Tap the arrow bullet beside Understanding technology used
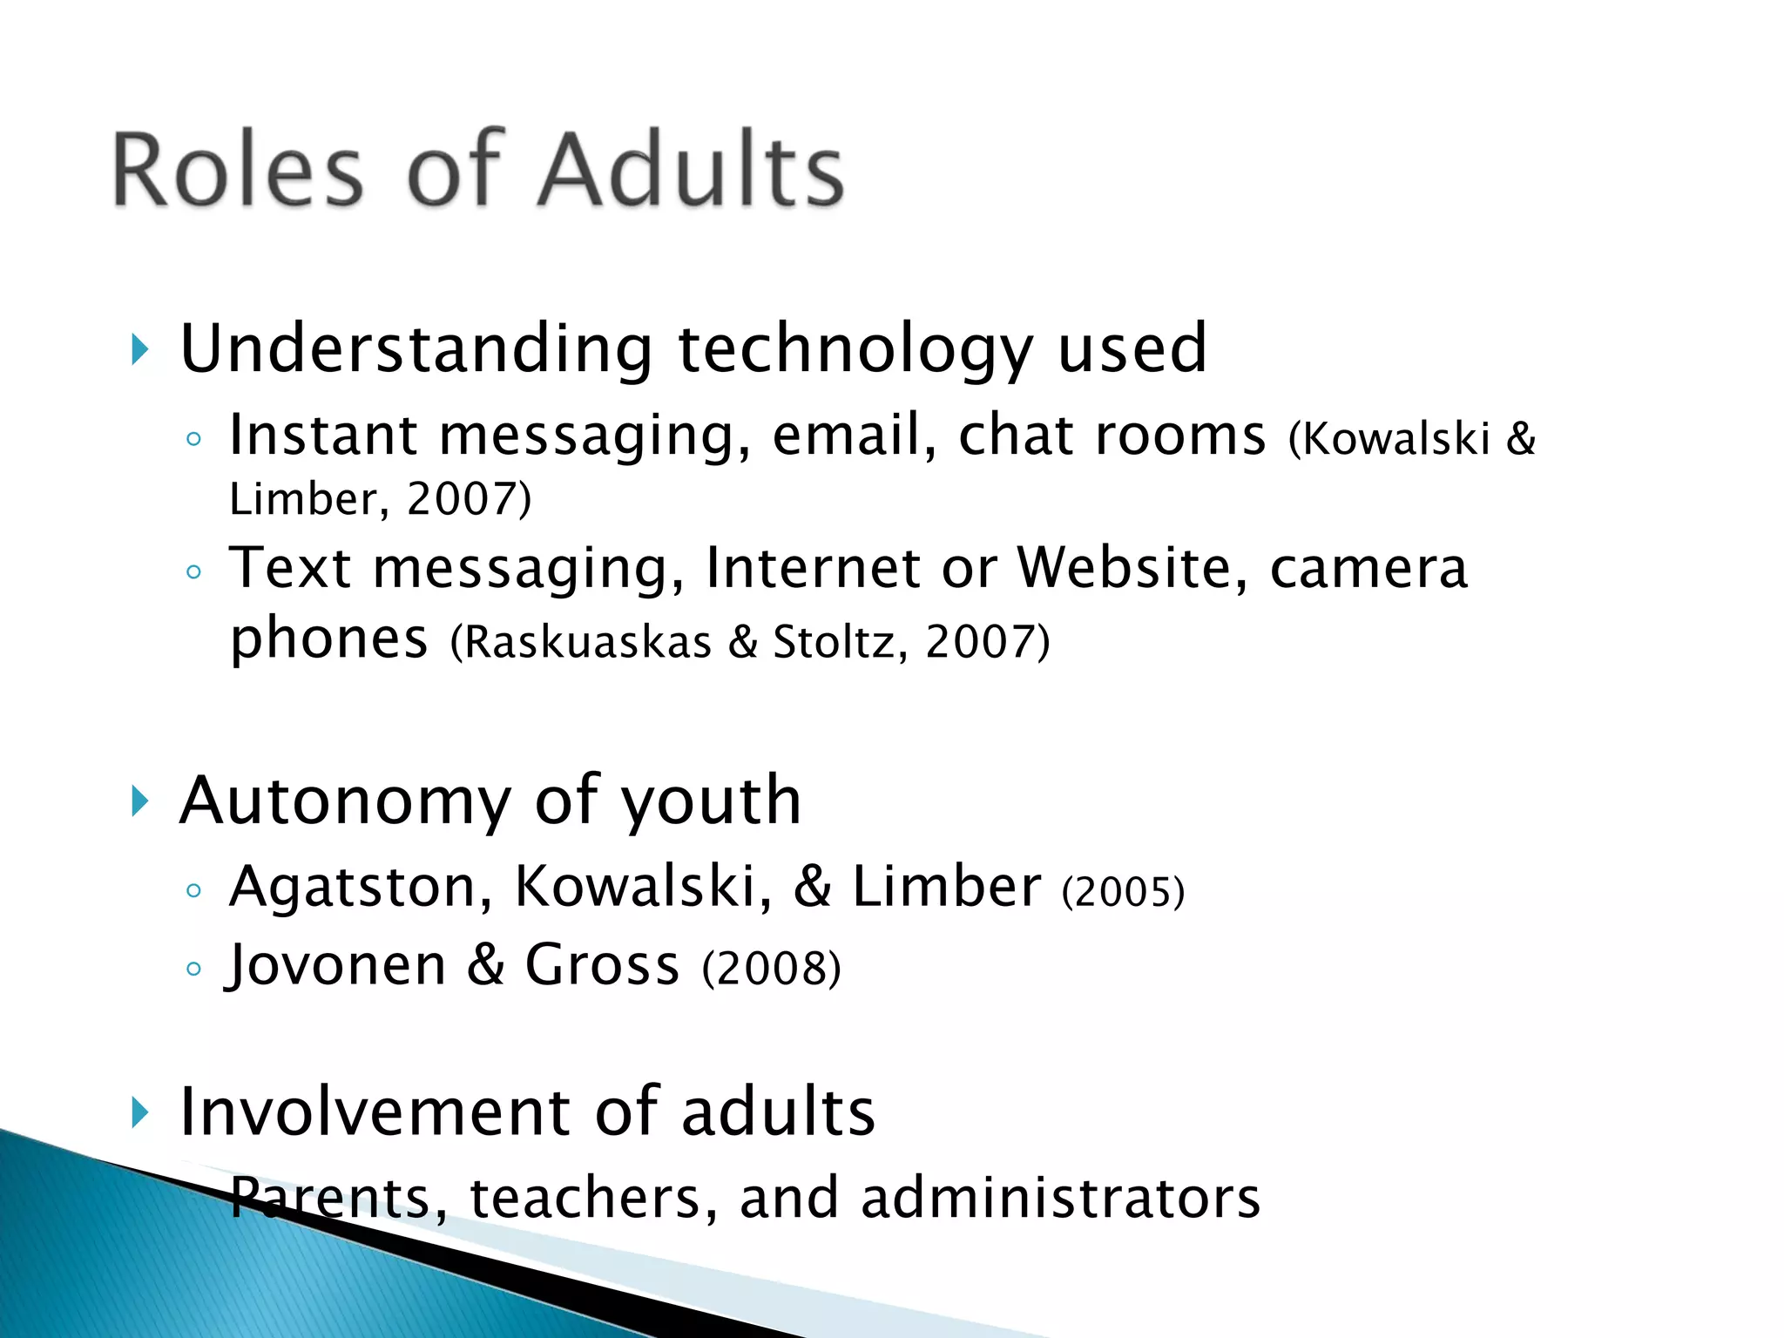(x=139, y=349)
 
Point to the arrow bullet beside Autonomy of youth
(x=139, y=801)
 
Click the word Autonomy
(x=345, y=802)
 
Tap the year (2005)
(x=1123, y=892)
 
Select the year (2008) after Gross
(x=772, y=969)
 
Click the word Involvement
(x=375, y=1112)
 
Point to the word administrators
(x=1060, y=1198)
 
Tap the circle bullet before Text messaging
(x=194, y=572)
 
